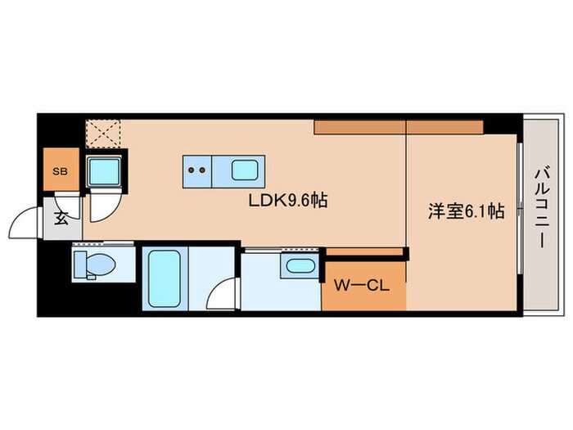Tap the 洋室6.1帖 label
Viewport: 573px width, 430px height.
click(464, 211)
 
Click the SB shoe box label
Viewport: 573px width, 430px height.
click(60, 172)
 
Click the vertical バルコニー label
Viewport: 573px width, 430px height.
click(541, 206)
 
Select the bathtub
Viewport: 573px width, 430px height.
click(165, 278)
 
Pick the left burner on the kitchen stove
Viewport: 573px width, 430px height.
click(191, 171)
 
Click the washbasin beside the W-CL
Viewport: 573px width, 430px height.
click(300, 266)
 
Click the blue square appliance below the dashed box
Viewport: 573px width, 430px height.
click(104, 170)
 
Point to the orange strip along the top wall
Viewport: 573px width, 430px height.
click(399, 127)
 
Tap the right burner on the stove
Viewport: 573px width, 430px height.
click(201, 171)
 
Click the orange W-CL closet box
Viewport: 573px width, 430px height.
click(363, 285)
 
